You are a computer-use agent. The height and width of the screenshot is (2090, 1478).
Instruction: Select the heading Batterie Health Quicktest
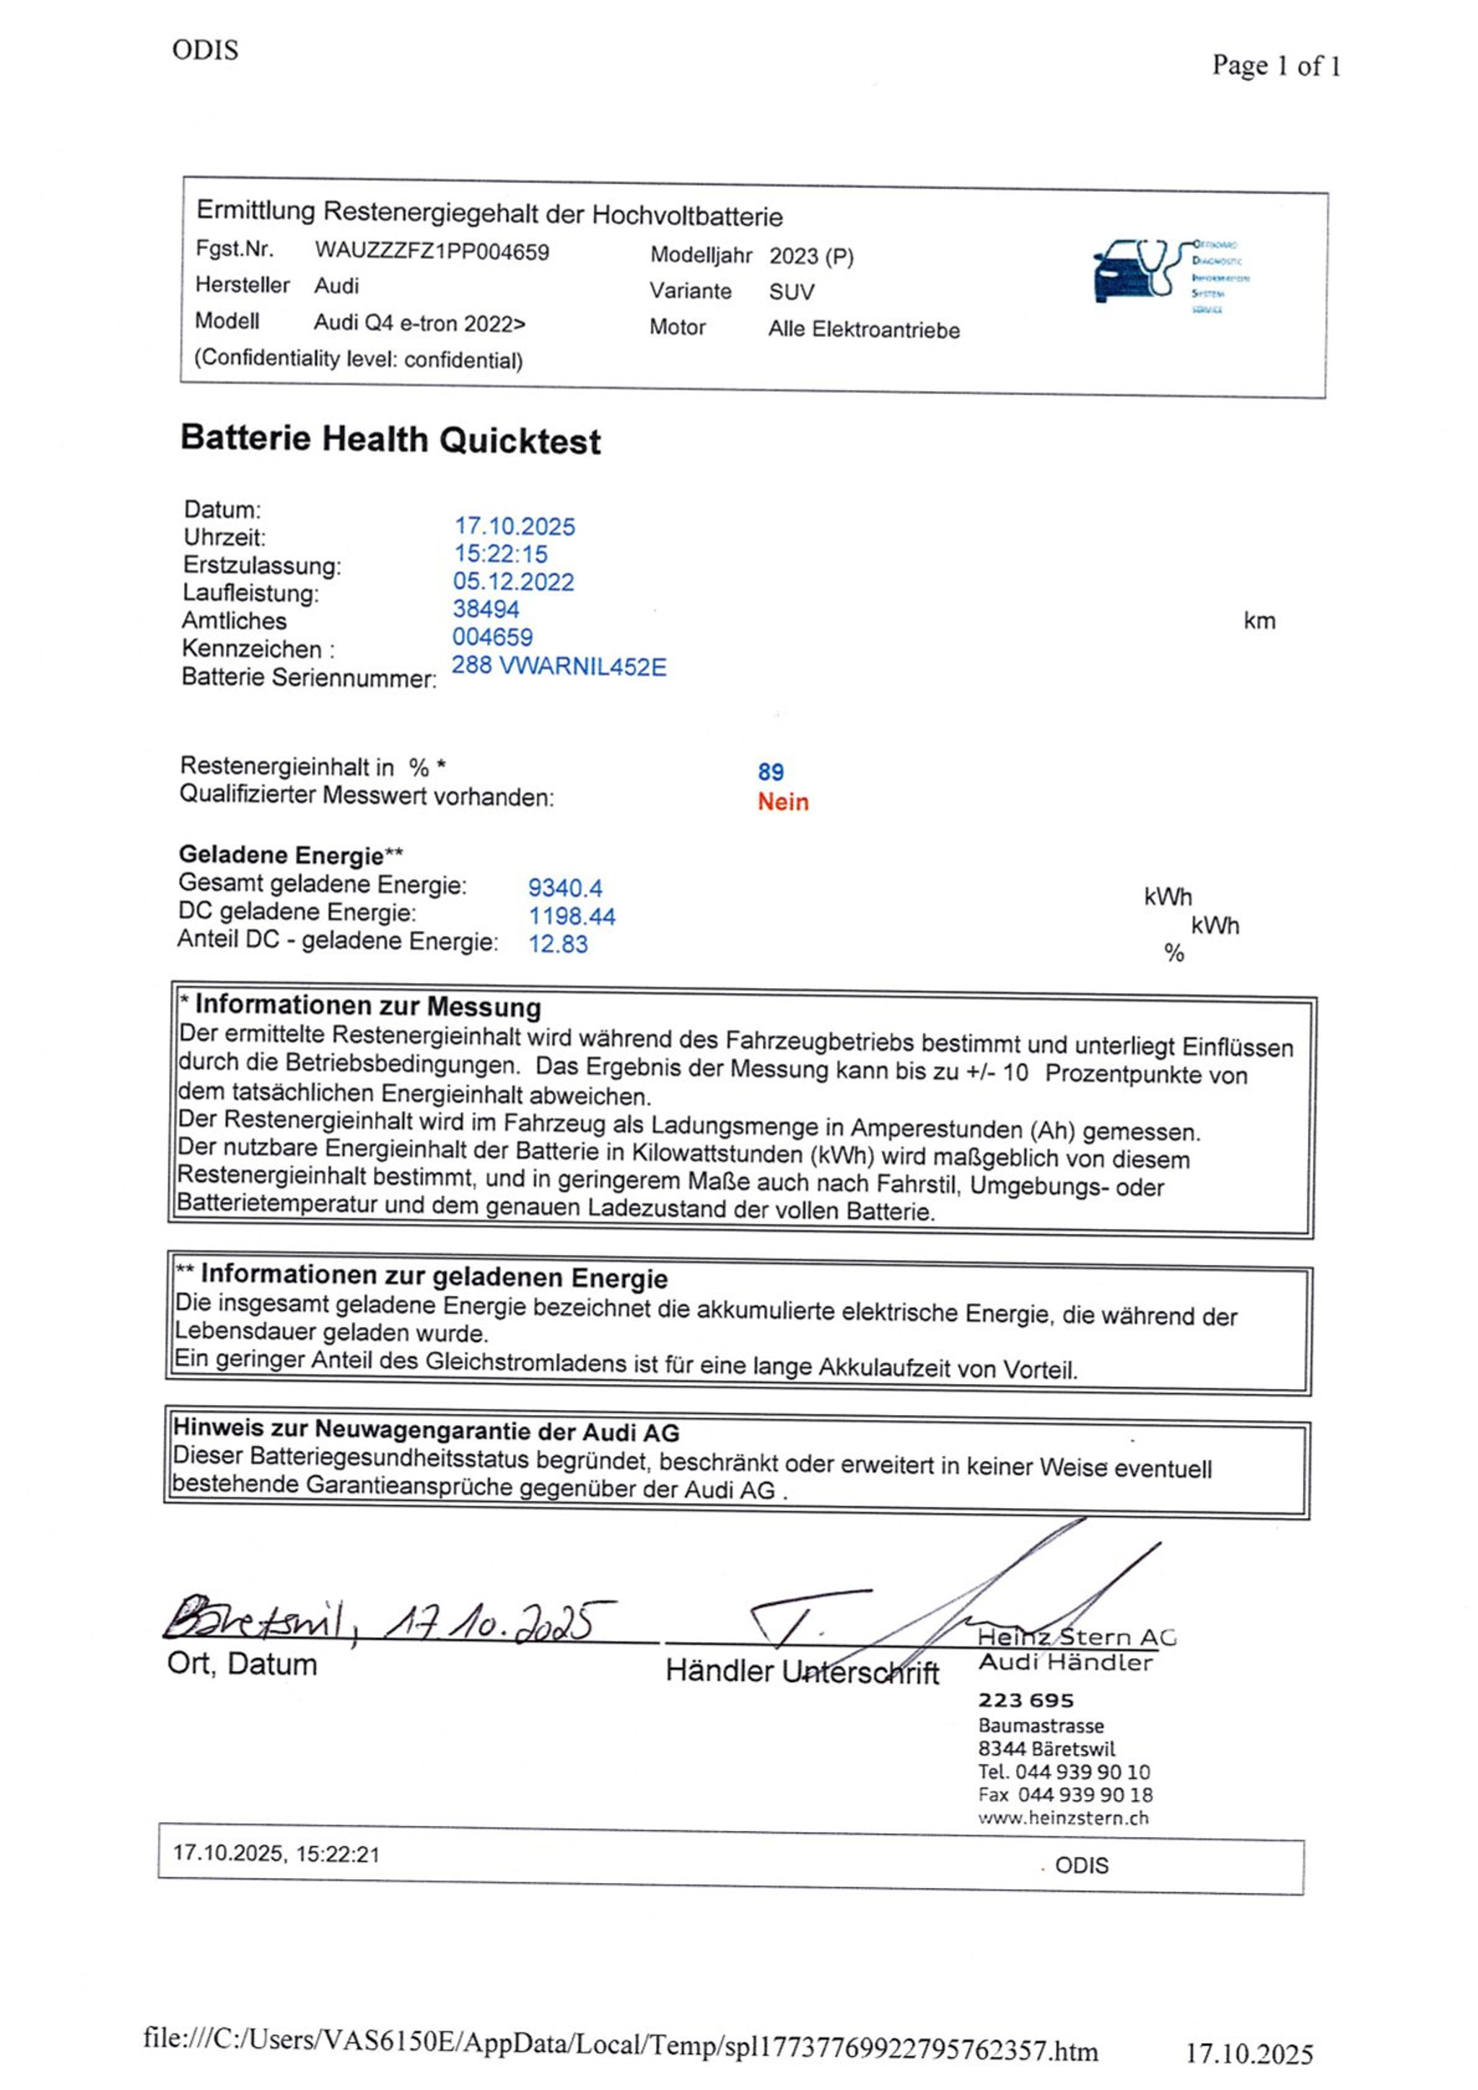pyautogui.click(x=390, y=440)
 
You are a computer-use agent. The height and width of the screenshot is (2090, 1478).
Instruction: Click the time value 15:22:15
pyautogui.click(x=501, y=553)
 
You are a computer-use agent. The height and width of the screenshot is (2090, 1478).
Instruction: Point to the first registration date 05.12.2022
pyautogui.click(x=514, y=582)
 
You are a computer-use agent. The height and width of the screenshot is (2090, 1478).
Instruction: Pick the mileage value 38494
pyautogui.click(x=486, y=609)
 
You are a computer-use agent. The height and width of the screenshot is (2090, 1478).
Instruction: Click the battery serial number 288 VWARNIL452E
pyautogui.click(x=559, y=666)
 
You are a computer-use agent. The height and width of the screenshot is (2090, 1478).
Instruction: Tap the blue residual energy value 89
pyautogui.click(x=771, y=772)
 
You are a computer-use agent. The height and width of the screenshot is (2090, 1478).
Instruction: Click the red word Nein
pyautogui.click(x=782, y=802)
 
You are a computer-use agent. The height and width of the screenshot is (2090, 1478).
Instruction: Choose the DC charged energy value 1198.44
pyautogui.click(x=572, y=916)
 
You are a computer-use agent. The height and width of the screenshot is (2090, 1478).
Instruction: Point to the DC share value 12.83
pyautogui.click(x=559, y=944)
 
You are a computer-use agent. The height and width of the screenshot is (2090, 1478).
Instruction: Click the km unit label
pyautogui.click(x=1259, y=621)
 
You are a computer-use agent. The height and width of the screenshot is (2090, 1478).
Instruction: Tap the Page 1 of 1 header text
pyautogui.click(x=1275, y=66)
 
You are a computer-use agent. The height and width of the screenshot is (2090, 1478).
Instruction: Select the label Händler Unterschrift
pyautogui.click(x=801, y=1671)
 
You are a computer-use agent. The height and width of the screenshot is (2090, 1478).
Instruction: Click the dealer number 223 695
pyautogui.click(x=1026, y=1700)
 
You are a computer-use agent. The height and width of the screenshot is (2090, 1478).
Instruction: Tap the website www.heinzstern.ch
pyautogui.click(x=1063, y=1818)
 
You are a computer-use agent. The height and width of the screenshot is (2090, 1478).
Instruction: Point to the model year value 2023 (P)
pyautogui.click(x=811, y=256)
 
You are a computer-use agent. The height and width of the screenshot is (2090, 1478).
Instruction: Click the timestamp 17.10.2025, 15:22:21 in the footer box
pyautogui.click(x=276, y=1853)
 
